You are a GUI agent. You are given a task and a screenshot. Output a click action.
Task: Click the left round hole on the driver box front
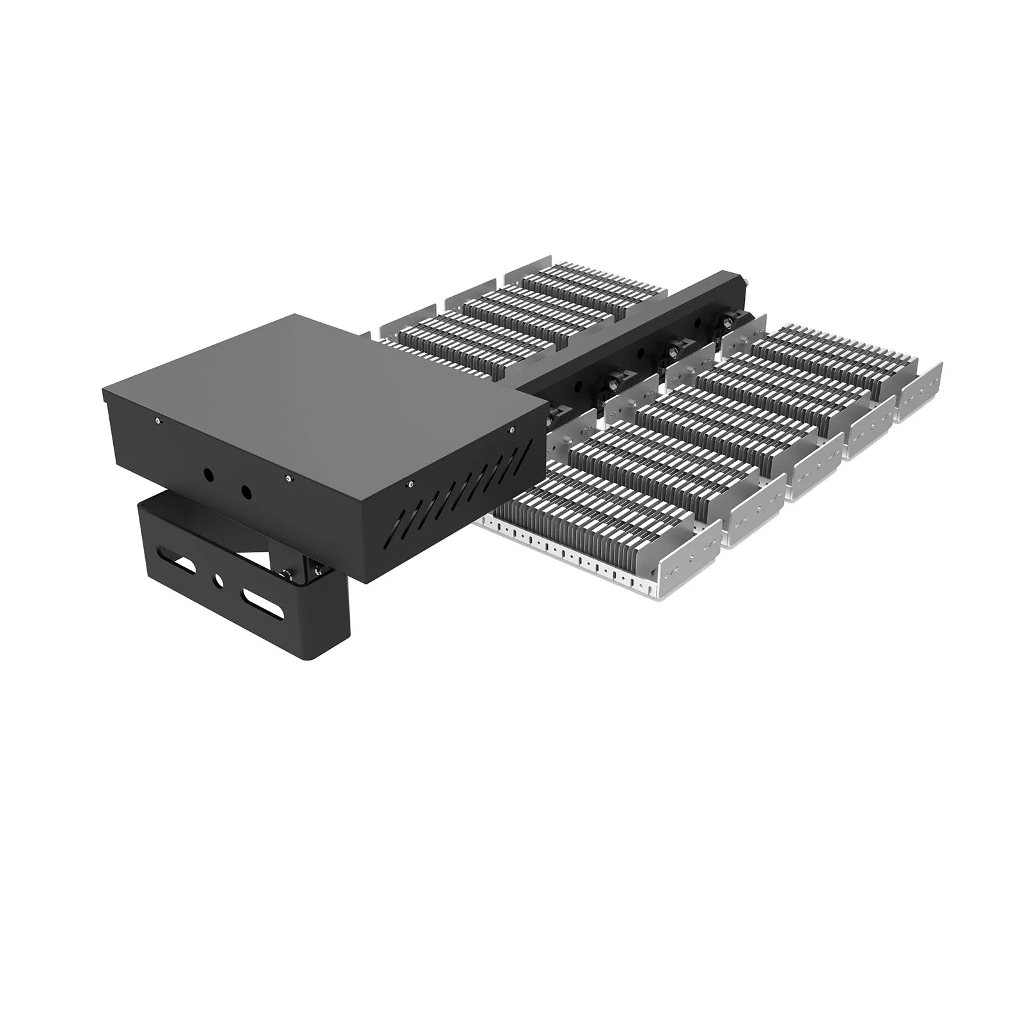[x=208, y=474]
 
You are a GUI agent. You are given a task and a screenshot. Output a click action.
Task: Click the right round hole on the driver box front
[x=244, y=492]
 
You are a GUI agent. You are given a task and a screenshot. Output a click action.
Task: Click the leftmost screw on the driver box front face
[x=158, y=420]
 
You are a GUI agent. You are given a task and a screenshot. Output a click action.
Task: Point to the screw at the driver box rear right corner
[x=510, y=430]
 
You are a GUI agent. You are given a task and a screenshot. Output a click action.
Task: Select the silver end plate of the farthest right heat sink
[x=919, y=391]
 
